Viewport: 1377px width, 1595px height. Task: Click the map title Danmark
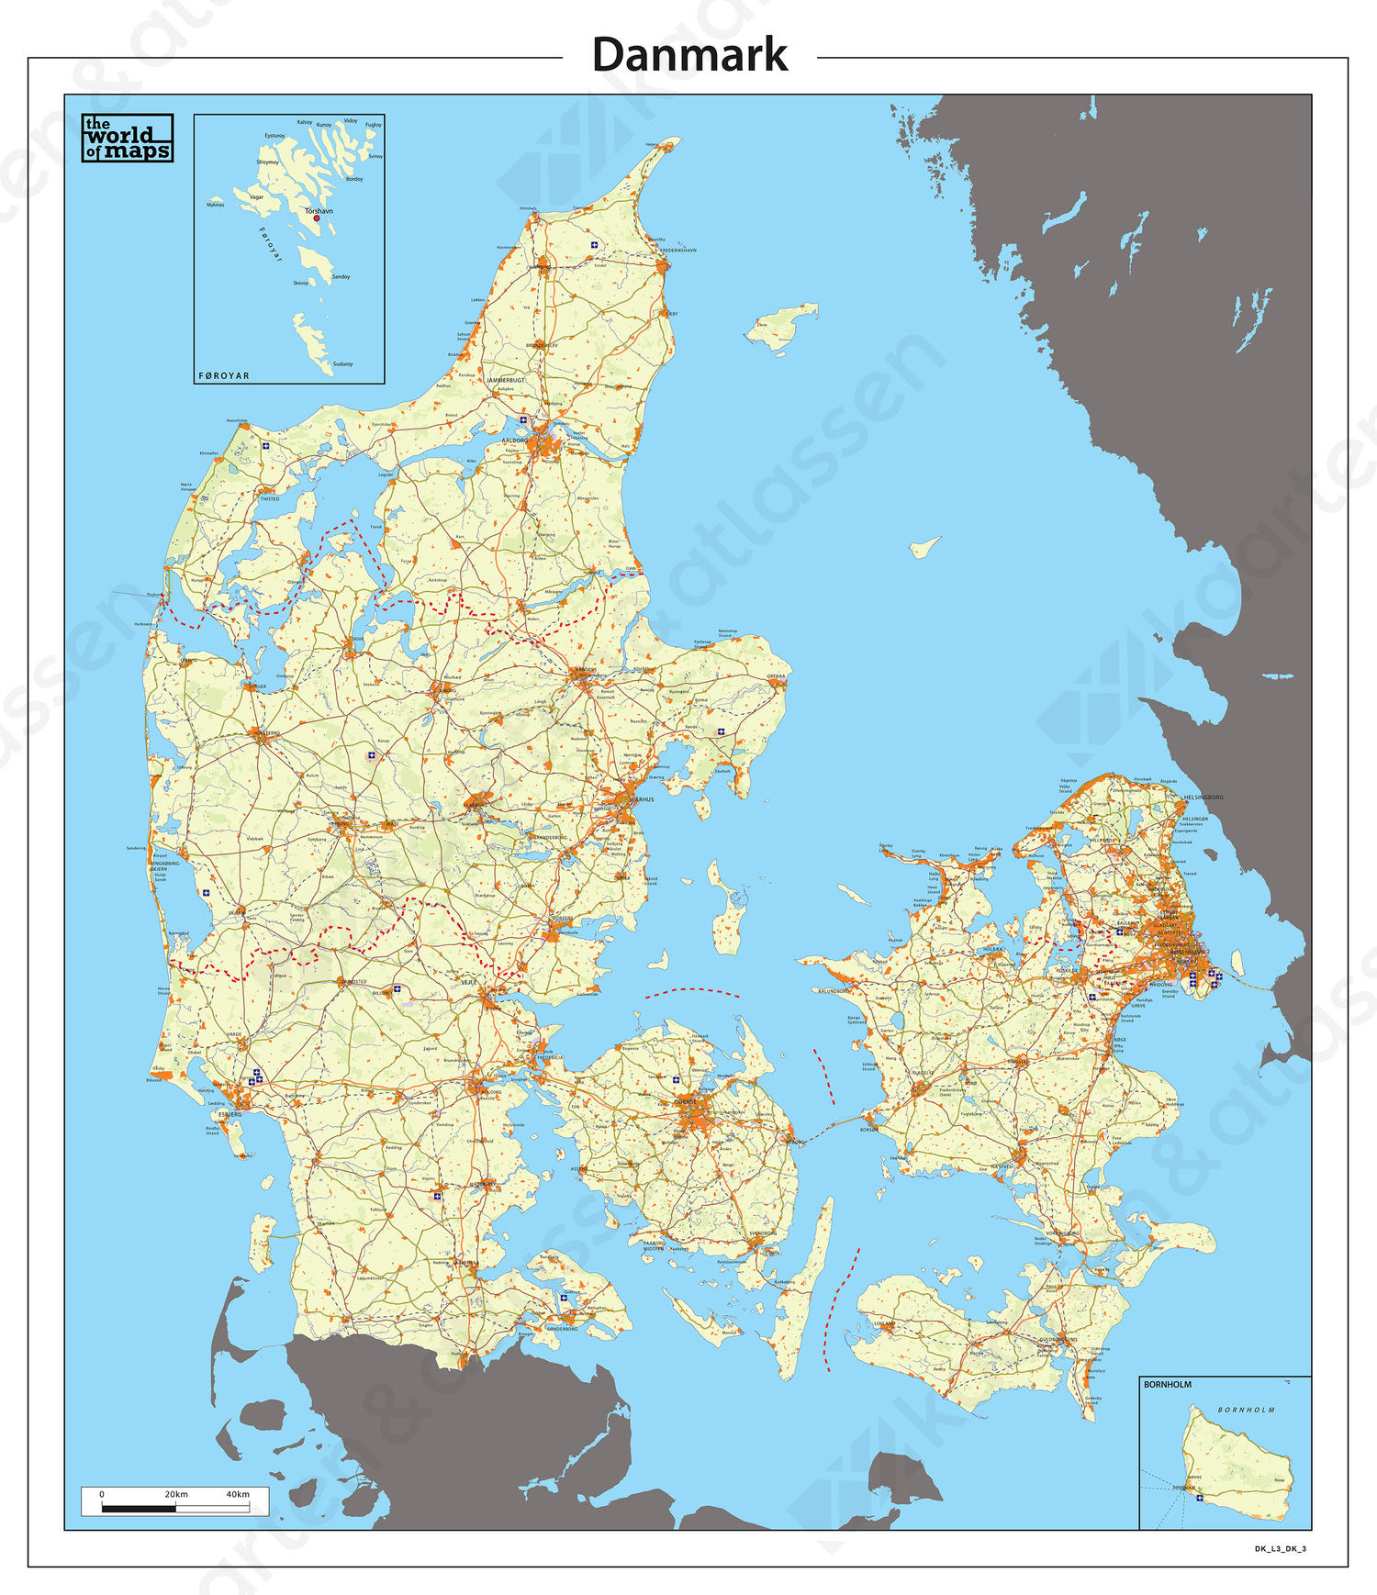(x=689, y=55)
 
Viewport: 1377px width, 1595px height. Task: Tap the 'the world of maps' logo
(x=128, y=139)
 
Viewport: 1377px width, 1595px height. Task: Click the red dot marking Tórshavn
(x=317, y=218)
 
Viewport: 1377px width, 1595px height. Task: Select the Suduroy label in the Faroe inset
(x=342, y=364)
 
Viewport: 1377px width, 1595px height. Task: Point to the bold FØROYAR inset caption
(x=224, y=376)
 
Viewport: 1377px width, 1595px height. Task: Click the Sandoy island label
(x=341, y=276)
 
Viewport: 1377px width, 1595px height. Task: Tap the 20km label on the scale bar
(x=176, y=1494)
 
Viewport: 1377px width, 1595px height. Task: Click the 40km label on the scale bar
(x=238, y=1494)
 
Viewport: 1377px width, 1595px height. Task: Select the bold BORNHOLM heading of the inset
(x=1168, y=1385)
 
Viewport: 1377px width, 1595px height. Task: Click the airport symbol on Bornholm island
(x=1200, y=1499)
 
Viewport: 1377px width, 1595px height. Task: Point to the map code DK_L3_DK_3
(x=1280, y=1549)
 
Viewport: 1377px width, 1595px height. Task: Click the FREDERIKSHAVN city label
(x=678, y=251)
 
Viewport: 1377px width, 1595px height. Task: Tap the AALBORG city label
(x=515, y=441)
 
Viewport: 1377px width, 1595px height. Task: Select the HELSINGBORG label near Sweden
(x=1203, y=797)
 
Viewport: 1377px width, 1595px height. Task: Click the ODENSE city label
(x=685, y=1101)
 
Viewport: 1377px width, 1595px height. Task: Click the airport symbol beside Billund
(x=397, y=988)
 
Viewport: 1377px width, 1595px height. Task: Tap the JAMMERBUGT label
(x=505, y=380)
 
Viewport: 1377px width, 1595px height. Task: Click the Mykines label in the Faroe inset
(x=215, y=205)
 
